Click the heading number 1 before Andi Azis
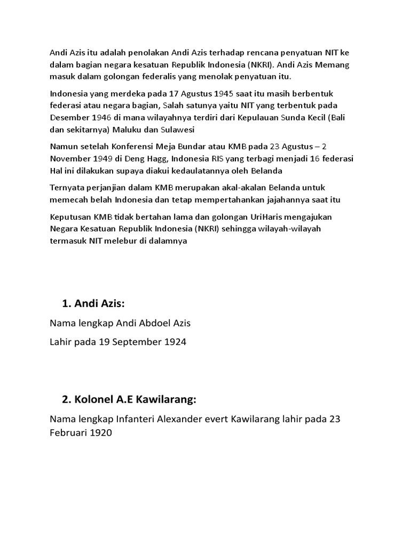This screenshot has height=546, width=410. click(66, 304)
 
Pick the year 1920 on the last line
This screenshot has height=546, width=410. click(101, 432)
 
